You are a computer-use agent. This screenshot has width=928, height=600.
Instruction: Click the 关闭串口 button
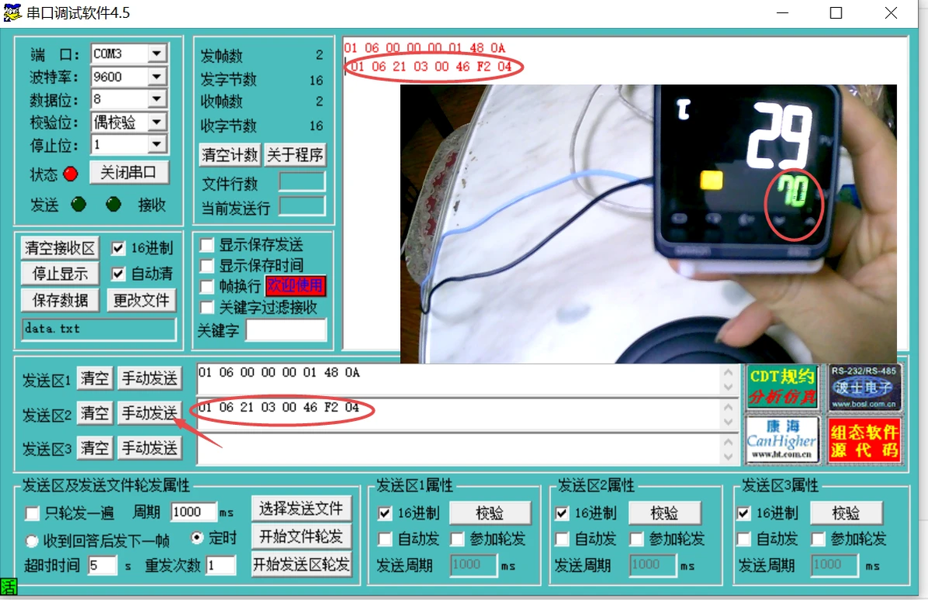(x=128, y=173)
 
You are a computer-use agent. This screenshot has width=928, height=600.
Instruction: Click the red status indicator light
(x=71, y=174)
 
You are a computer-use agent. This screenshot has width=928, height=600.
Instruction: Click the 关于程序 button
(x=295, y=154)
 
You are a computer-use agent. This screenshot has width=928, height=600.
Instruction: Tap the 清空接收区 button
(x=61, y=248)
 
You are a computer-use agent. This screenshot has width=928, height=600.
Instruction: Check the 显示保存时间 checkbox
(x=207, y=265)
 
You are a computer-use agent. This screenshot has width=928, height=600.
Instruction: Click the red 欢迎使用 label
(x=295, y=286)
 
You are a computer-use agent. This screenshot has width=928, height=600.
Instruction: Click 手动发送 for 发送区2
(x=149, y=413)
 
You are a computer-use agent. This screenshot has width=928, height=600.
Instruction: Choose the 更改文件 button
(x=141, y=300)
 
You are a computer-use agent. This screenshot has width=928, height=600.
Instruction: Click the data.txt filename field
(x=99, y=328)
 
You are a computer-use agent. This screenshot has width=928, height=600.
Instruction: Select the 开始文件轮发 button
(x=301, y=536)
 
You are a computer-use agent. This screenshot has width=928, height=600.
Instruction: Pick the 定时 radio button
(x=197, y=538)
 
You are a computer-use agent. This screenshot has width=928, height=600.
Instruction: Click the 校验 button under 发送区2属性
(x=664, y=513)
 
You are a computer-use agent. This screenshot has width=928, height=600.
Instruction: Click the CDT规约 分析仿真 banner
(x=782, y=387)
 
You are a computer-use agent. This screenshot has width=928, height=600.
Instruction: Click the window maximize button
(x=836, y=13)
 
